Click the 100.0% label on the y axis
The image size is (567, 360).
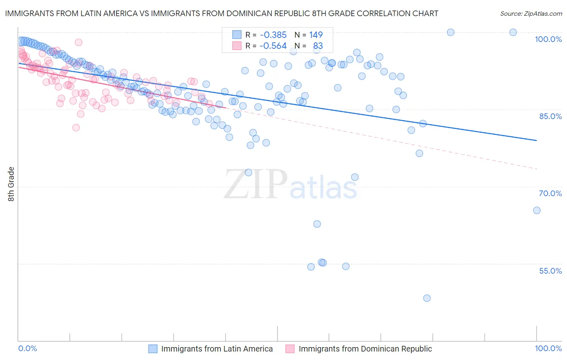pyautogui.click(x=548, y=39)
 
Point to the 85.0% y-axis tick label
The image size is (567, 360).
pyautogui.click(x=550, y=116)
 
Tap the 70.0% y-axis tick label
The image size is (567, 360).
pyautogui.click(x=550, y=193)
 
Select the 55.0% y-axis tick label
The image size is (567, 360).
pyautogui.click(x=550, y=271)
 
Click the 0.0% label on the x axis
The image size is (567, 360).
pyautogui.click(x=28, y=349)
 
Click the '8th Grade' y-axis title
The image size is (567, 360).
pyautogui.click(x=11, y=184)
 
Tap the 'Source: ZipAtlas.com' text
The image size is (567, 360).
pyautogui.click(x=531, y=13)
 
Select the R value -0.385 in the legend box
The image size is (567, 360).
pyautogui.click(x=273, y=35)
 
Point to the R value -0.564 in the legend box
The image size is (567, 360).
pyautogui.click(x=273, y=46)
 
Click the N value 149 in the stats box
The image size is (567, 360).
pyautogui.click(x=316, y=35)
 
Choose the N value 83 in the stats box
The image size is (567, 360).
pyautogui.click(x=318, y=46)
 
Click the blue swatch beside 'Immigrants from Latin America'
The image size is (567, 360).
pyautogui.click(x=153, y=349)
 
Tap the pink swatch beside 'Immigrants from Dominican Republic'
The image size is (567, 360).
pyautogui.click(x=290, y=349)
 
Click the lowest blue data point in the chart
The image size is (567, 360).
pyautogui.click(x=427, y=298)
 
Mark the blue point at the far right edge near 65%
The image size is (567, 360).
pyautogui.click(x=537, y=210)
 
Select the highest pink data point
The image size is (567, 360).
pyautogui.click(x=79, y=42)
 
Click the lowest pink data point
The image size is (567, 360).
pyautogui.click(x=76, y=128)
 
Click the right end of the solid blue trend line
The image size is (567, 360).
pyautogui.click(x=537, y=140)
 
